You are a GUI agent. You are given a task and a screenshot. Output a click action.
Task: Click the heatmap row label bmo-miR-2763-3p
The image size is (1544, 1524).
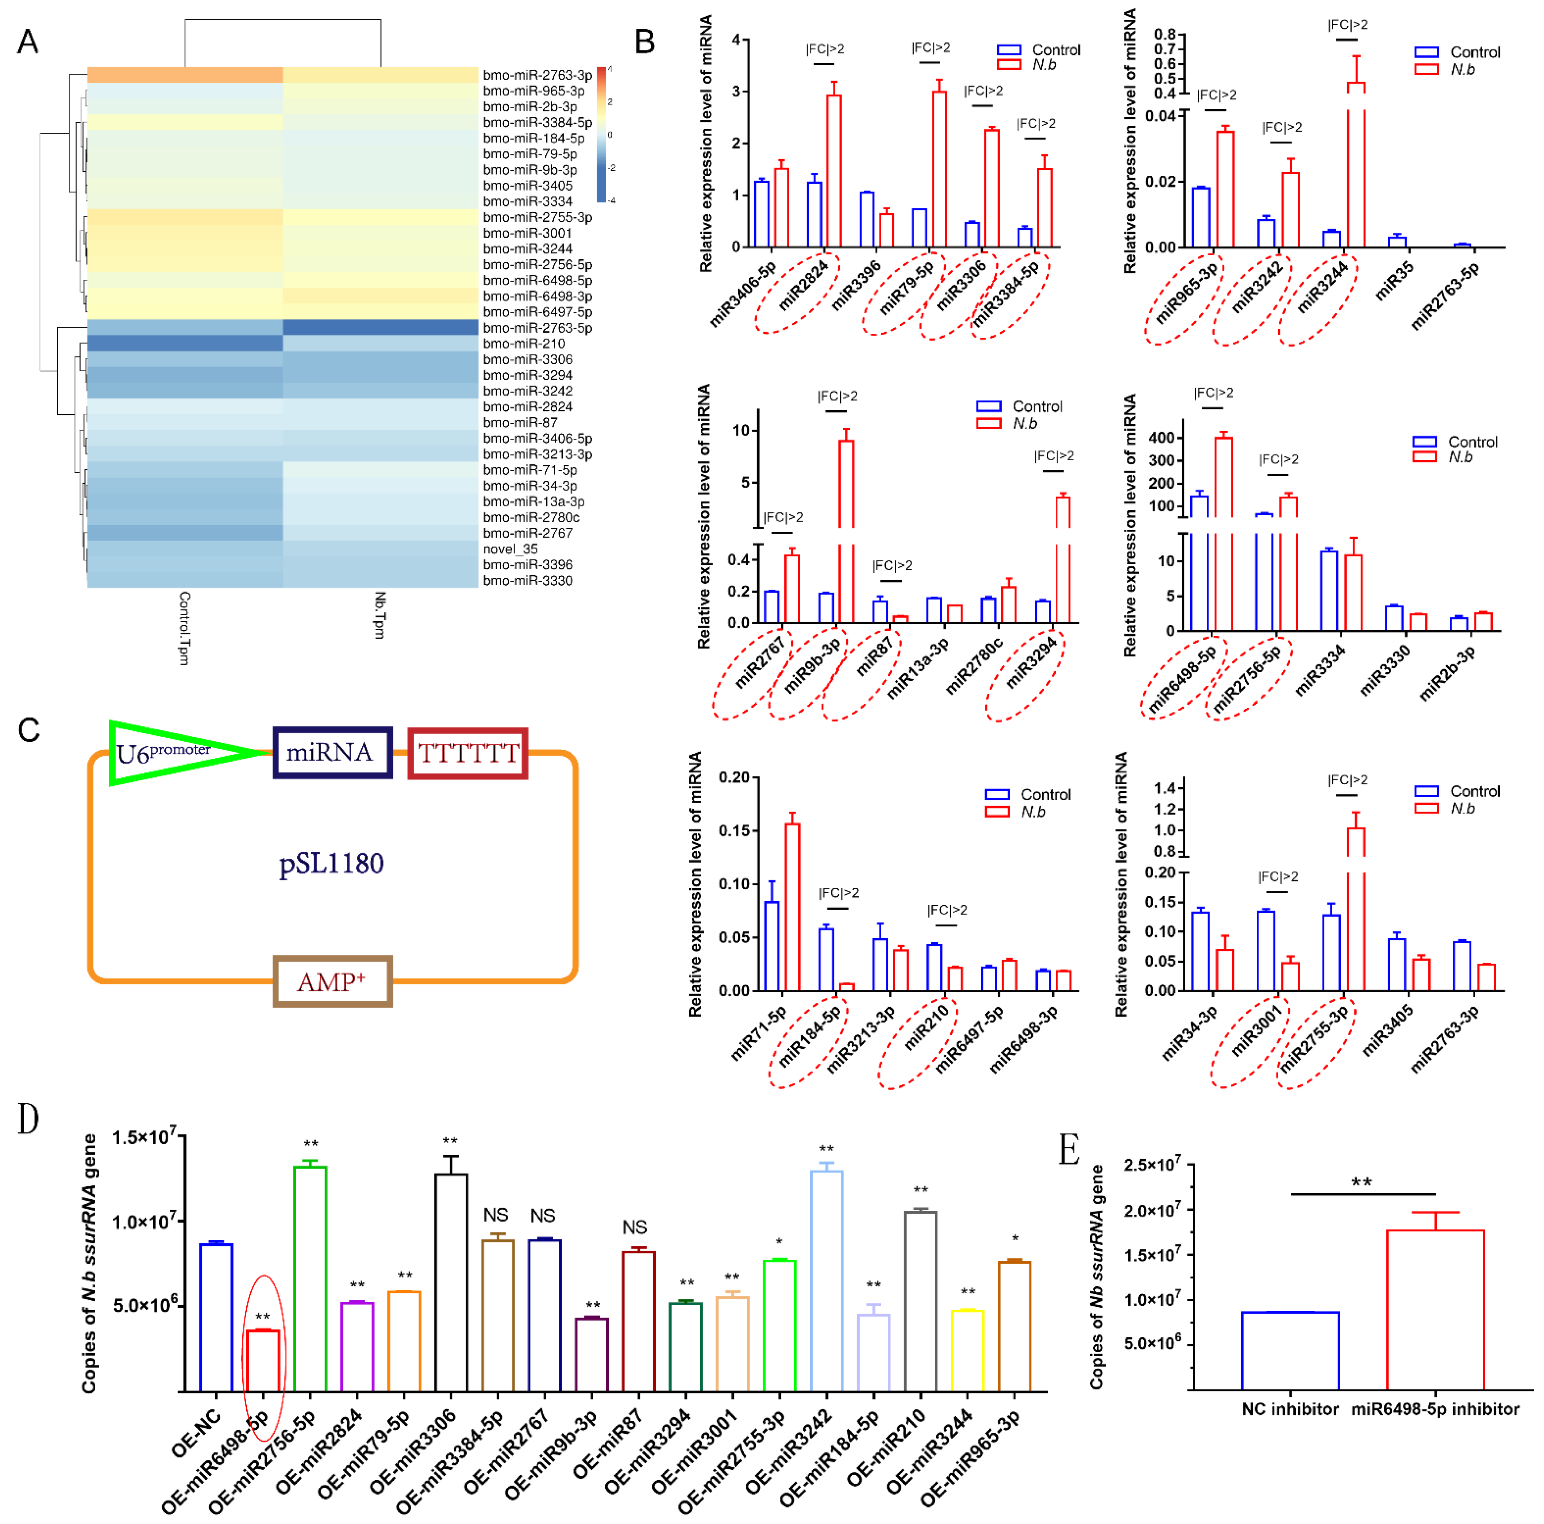coord(537,75)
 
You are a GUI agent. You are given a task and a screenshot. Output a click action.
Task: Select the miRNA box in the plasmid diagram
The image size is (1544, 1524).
coord(332,752)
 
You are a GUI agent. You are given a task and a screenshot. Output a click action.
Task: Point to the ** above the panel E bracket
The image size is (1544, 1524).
coord(1362,1182)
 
